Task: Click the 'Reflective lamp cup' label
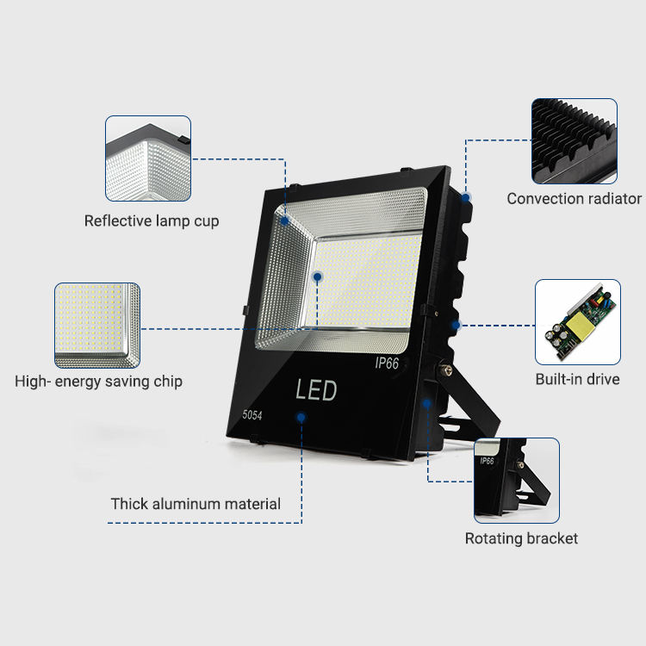pos(152,221)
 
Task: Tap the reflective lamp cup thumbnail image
pos(147,158)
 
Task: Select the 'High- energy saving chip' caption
pos(98,381)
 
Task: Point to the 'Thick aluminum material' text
pos(196,504)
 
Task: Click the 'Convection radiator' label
pos(574,199)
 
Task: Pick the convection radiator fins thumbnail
pos(575,140)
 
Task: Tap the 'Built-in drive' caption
pos(577,379)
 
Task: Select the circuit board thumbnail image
pos(578,321)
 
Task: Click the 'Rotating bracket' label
pos(521,539)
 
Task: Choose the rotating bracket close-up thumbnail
pos(517,480)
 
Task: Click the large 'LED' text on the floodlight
pos(316,390)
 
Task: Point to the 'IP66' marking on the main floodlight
pos(387,364)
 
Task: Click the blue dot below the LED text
pos(301,418)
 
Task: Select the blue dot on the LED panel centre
pos(318,277)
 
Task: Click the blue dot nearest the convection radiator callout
pos(465,197)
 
